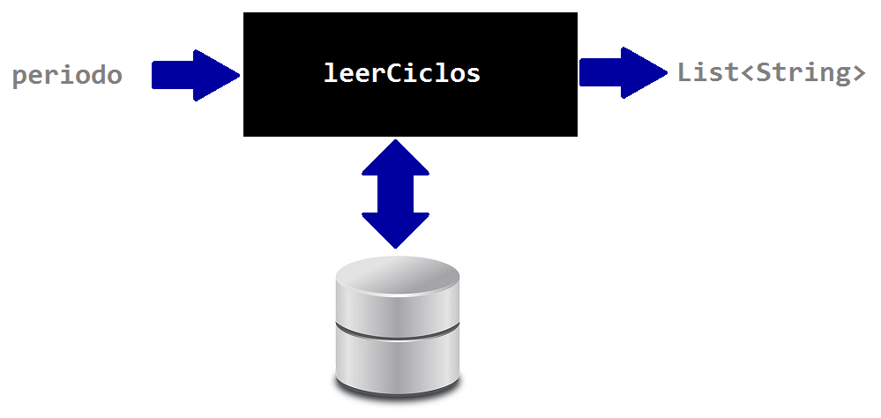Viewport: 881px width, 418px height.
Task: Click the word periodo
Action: click(67, 76)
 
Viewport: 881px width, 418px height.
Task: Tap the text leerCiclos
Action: click(402, 73)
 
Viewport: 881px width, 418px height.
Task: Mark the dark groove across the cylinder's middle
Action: click(398, 329)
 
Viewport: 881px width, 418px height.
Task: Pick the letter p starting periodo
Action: click(19, 77)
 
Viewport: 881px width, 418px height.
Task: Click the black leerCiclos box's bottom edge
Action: click(410, 135)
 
